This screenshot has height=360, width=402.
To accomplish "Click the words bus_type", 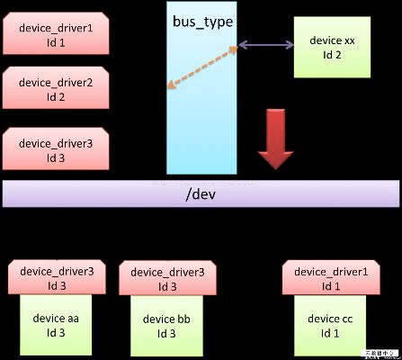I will tap(201, 20).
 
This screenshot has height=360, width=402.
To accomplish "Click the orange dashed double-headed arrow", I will tap(201, 68).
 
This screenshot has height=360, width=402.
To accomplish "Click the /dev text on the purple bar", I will tap(201, 192).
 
